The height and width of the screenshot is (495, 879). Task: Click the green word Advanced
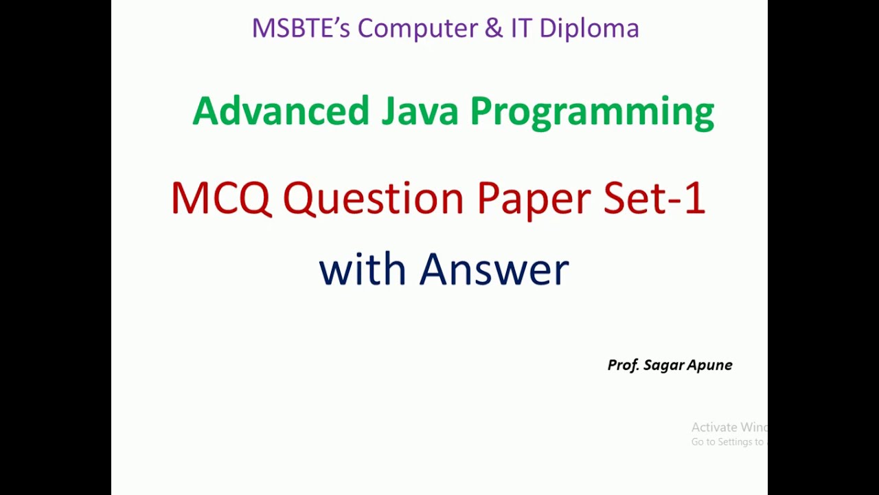coord(280,111)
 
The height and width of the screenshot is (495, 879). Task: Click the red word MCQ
coord(220,199)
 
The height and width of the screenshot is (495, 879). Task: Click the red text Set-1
coord(654,199)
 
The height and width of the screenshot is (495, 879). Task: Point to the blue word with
coord(363,269)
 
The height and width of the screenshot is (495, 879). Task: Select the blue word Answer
coord(494,269)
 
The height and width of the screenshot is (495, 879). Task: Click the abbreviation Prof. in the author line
coord(623,365)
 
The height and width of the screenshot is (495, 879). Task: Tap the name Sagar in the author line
coord(661,366)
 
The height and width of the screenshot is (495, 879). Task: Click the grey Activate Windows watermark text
coord(729,428)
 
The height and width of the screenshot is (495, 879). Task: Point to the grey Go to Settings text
coord(727,442)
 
